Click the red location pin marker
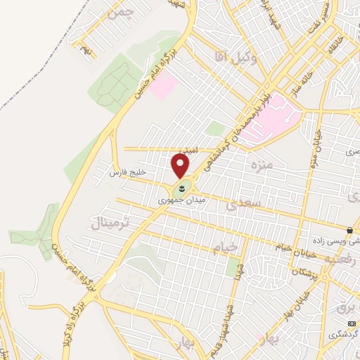pyautogui.click(x=181, y=166)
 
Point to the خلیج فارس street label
pyautogui.click(x=128, y=172)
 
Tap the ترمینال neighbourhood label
pyautogui.click(x=111, y=224)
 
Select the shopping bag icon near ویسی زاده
pyautogui.click(x=349, y=229)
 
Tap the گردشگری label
pyautogui.click(x=342, y=333)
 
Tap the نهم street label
pyautogui.click(x=85, y=51)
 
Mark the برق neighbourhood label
pyautogui.click(x=346, y=308)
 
